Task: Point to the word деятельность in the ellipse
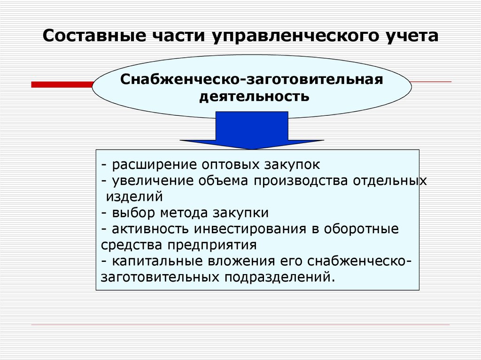[x=254, y=96]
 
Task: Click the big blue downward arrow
[x=252, y=130]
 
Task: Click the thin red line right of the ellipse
[x=431, y=82]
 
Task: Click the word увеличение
[x=153, y=181]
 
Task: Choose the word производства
[x=301, y=181]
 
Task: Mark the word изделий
[x=134, y=197]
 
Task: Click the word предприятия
[x=212, y=245]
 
